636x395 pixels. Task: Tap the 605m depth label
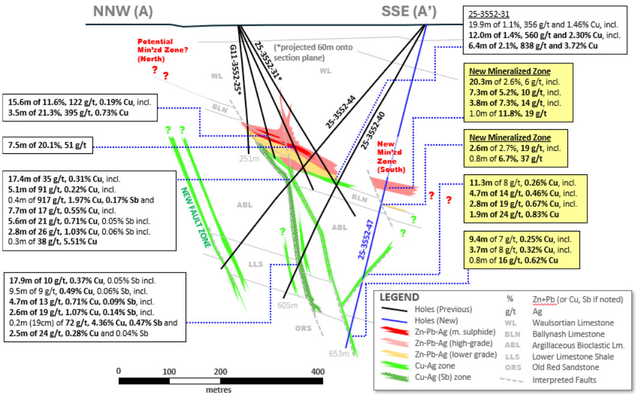(x=288, y=305)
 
